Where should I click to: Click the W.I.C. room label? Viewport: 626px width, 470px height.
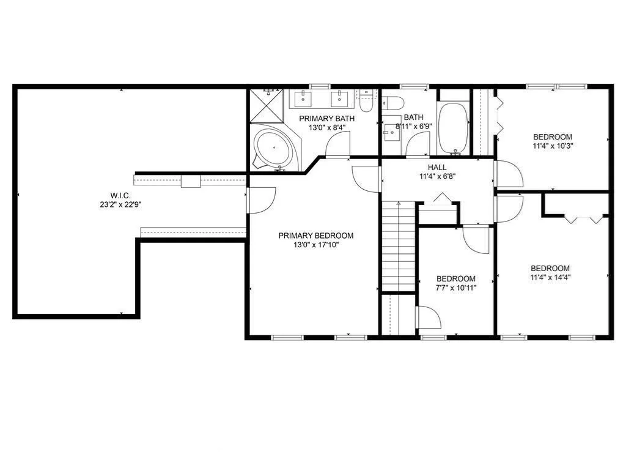click(x=120, y=195)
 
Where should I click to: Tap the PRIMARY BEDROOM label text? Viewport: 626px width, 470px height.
click(x=316, y=236)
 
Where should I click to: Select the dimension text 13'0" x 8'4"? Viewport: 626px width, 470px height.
click(x=326, y=128)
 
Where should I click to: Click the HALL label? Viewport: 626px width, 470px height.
click(x=437, y=168)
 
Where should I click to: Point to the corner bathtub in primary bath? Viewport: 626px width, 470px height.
click(x=274, y=147)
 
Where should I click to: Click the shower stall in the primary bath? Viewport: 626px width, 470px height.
click(x=267, y=105)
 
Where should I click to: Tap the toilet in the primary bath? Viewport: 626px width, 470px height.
click(x=366, y=101)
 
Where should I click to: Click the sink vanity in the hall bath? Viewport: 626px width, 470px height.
click(x=391, y=133)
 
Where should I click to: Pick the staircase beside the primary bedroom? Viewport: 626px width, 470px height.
click(x=399, y=247)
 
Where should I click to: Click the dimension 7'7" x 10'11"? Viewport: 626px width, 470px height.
click(x=456, y=288)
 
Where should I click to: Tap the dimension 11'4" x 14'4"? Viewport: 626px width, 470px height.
click(x=550, y=277)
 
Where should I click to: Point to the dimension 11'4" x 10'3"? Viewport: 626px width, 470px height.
click(x=553, y=146)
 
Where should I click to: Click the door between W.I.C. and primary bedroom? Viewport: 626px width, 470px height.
click(x=260, y=200)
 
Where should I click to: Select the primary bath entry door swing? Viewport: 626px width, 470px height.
click(x=337, y=144)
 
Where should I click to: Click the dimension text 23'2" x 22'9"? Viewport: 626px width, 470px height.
click(x=120, y=204)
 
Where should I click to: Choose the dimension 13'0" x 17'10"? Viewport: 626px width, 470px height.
click(x=316, y=245)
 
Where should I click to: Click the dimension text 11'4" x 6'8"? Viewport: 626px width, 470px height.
click(x=437, y=176)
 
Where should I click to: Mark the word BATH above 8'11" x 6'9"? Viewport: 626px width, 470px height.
click(x=414, y=117)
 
